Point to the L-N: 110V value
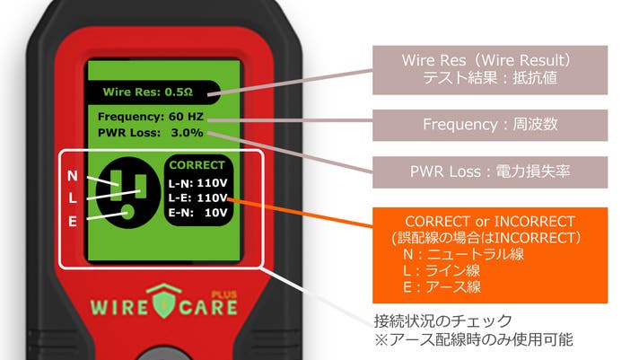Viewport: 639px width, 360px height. tap(199, 181)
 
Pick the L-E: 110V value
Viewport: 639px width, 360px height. tap(199, 197)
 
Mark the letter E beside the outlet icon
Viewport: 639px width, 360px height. tap(73, 219)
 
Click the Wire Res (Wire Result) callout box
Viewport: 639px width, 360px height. tap(491, 70)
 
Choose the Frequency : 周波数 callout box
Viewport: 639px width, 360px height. tap(491, 125)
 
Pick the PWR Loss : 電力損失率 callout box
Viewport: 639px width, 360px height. tap(491, 169)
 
